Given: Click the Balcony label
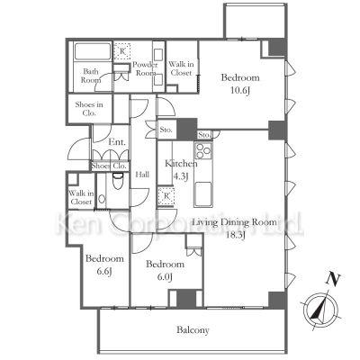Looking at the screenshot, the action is tap(193, 330).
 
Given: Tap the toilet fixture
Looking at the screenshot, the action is tap(117, 181).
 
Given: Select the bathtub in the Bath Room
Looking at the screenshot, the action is tap(93, 51).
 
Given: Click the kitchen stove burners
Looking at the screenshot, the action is tap(203, 150).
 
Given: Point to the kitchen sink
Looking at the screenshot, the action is tap(203, 193).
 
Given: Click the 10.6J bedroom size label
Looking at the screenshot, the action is tap(240, 91).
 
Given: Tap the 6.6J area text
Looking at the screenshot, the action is tap(104, 272).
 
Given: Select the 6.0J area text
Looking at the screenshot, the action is tap(165, 277).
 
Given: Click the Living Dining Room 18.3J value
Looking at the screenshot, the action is tap(236, 235).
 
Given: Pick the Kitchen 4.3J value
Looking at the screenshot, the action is tap(181, 176).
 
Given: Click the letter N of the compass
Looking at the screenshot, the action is tap(332, 279).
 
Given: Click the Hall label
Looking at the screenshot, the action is tap(142, 175).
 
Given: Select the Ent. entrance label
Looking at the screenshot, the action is tap(117, 141).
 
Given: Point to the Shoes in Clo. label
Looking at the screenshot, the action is tap(89, 109).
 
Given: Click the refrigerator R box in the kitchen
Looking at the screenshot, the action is tap(166, 196).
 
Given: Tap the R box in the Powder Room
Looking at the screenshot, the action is tap(122, 51).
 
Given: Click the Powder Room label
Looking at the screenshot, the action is tap(145, 68).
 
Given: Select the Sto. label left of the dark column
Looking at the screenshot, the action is tap(166, 130).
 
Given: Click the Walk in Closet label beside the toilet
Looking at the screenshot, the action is tap(81, 198).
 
